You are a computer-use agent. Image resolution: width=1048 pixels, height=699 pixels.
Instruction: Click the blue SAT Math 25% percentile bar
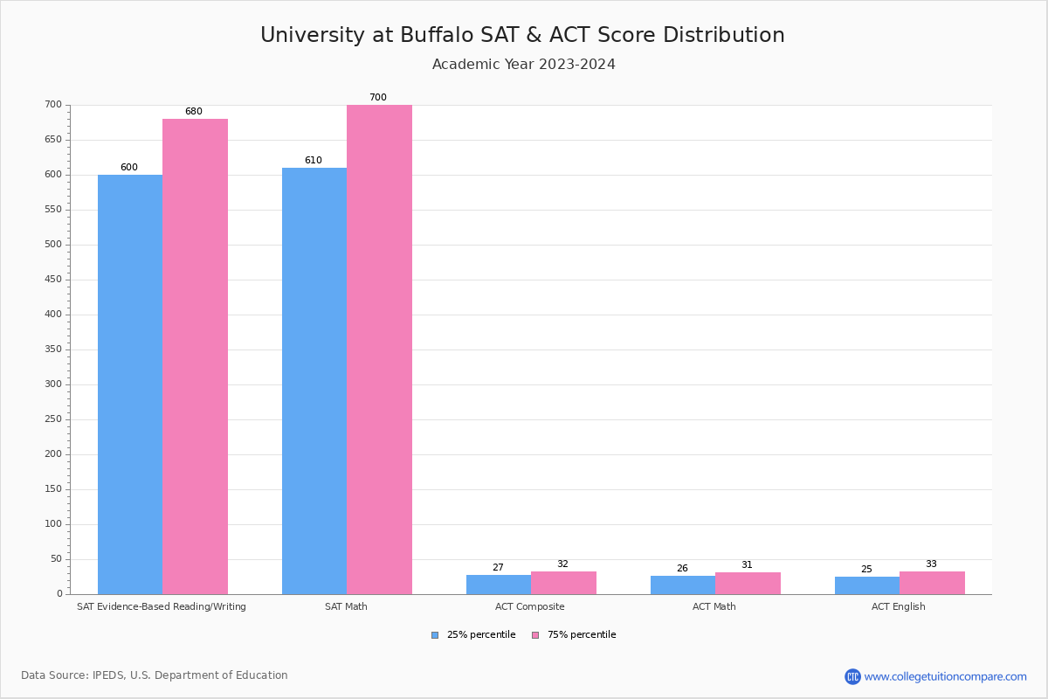point(314,380)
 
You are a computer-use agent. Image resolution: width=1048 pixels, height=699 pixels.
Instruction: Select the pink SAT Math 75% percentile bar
point(379,349)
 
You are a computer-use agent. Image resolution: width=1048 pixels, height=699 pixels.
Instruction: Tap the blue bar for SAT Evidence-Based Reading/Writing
point(130,384)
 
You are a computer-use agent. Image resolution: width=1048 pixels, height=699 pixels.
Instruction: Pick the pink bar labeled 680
point(195,356)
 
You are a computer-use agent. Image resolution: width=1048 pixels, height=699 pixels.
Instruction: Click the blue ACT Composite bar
point(499,585)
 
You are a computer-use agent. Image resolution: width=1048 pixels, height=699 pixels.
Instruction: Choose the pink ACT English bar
point(932,583)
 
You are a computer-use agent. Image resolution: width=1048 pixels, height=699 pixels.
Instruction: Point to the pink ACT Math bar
point(748,584)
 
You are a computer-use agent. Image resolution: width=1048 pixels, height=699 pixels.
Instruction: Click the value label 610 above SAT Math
point(313,161)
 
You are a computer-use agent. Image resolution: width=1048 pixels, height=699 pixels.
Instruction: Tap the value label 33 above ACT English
point(931,564)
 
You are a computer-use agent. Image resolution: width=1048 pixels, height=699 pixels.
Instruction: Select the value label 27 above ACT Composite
point(498,568)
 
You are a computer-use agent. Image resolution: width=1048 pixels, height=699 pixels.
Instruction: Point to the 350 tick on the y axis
point(53,349)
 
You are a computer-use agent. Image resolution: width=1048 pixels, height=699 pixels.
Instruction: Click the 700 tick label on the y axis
point(53,105)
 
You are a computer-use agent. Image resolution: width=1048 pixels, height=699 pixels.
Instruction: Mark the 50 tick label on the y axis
point(56,559)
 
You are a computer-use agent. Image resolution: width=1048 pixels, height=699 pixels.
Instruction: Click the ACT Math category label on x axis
point(714,606)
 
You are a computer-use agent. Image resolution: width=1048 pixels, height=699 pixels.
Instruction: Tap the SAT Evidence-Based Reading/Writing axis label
point(162,606)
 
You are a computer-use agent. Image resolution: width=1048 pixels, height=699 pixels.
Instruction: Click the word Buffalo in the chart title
point(436,35)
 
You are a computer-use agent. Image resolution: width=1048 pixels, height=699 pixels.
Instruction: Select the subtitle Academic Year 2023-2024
point(523,65)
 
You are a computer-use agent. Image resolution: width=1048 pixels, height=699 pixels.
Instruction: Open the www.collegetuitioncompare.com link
point(945,676)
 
